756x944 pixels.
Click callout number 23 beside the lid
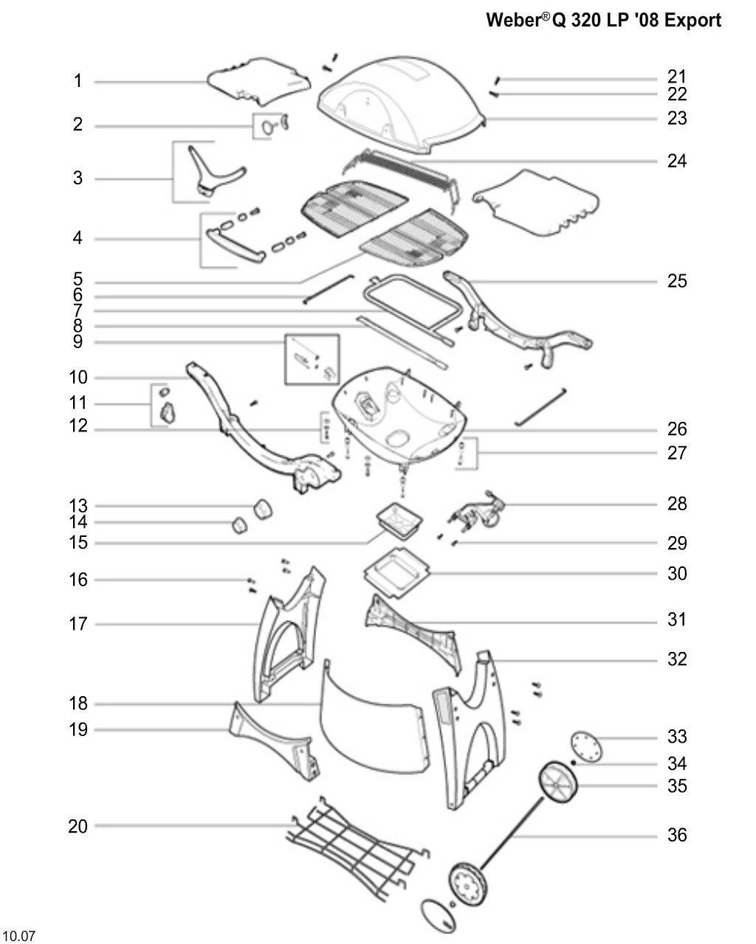[676, 118]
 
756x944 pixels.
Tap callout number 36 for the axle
[676, 835]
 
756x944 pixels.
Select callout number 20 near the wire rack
[78, 827]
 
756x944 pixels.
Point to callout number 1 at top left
[78, 81]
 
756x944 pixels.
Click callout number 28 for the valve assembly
[676, 504]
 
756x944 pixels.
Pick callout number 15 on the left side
[78, 543]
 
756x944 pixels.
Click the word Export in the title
[692, 20]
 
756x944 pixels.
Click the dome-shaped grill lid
[402, 100]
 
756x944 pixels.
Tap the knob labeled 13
[262, 507]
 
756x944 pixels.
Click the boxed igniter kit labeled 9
[312, 359]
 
